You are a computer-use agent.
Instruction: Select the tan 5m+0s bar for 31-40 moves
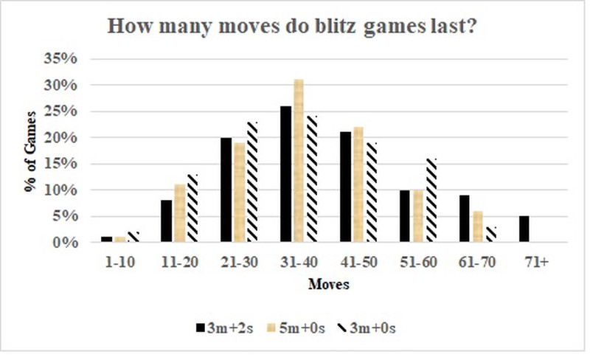click(298, 161)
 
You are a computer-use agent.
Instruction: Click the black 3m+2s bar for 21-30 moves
click(226, 190)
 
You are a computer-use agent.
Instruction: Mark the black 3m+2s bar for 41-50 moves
click(344, 187)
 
